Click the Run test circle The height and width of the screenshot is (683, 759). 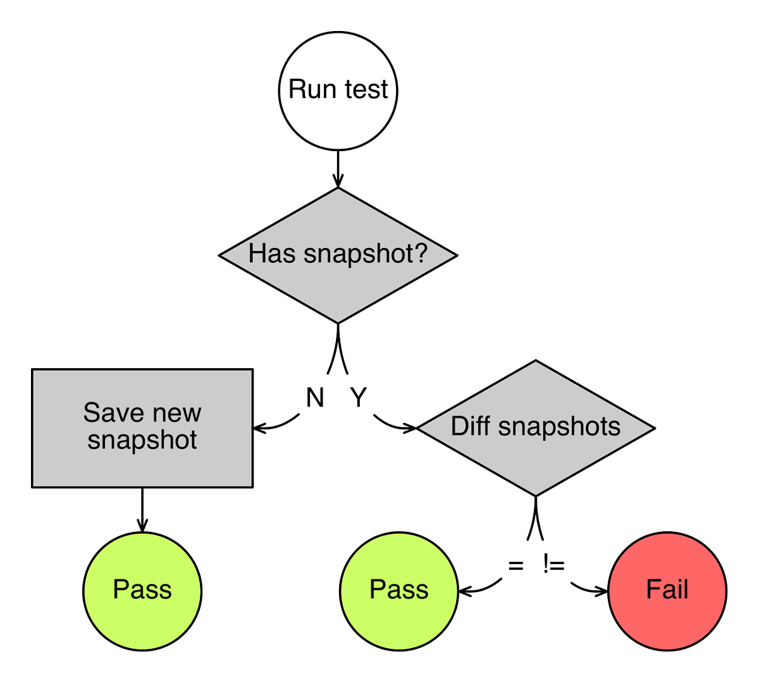pos(338,90)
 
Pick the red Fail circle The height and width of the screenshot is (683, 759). pos(667,591)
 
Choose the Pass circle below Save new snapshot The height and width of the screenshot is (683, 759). pos(142,591)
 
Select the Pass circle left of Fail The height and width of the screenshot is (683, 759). pos(398,591)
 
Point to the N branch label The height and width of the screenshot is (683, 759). pos(315,398)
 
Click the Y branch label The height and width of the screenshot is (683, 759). pos(359,398)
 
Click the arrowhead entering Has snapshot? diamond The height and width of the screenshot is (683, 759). pos(338,183)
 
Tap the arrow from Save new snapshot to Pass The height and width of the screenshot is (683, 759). pos(142,509)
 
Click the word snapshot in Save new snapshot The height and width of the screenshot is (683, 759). pos(142,440)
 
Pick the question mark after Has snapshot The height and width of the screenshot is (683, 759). pos(421,253)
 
